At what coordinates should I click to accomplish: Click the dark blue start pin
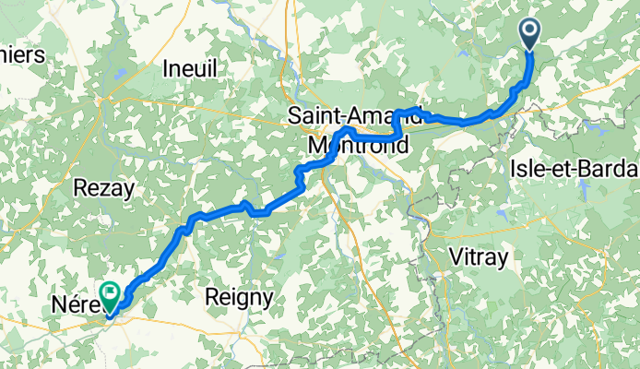pos(531,34)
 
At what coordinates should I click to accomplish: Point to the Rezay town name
pos(103,188)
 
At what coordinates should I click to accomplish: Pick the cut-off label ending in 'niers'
pos(22,54)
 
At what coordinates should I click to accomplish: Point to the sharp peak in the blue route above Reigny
pos(244,203)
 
